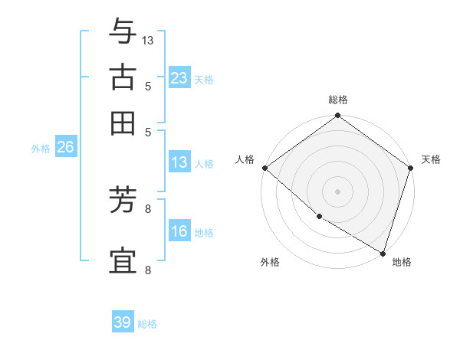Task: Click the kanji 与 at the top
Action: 123,31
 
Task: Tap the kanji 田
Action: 123,123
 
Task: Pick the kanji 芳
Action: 123,201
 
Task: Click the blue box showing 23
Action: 179,77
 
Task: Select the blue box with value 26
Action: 65,147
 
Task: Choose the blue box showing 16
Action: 179,231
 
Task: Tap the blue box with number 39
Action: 123,322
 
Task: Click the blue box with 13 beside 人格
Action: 179,162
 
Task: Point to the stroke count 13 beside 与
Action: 148,40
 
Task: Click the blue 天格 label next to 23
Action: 204,79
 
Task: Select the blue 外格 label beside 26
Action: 40,149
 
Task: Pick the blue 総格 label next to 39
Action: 147,324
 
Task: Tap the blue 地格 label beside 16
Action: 204,233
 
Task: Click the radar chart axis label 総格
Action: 338,100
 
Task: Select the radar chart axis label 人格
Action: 245,159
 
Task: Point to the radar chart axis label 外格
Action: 270,262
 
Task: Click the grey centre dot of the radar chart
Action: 338,191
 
